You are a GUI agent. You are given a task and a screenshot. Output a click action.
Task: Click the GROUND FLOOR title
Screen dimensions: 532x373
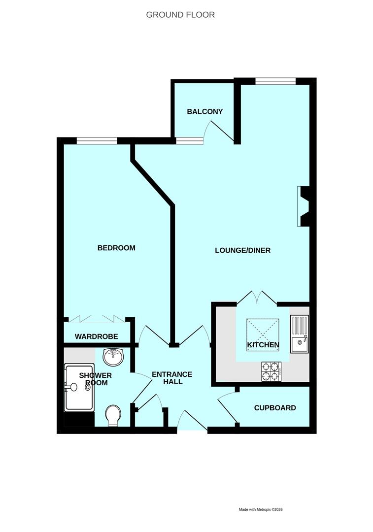point(180,15)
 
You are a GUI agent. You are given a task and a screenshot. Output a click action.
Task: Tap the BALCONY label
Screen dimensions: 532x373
point(204,111)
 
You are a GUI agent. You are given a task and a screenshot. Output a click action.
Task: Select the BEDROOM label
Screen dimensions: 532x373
point(116,248)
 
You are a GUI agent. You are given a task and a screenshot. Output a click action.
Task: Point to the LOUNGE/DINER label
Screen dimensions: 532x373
point(242,250)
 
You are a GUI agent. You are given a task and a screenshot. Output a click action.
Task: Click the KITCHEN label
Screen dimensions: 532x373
point(263,345)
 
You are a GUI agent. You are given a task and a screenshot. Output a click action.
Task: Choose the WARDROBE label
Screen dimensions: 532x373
point(96,336)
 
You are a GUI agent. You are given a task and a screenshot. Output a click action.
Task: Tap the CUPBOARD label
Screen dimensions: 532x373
point(275,408)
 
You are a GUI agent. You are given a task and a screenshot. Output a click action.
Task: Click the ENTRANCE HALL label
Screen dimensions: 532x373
point(172,378)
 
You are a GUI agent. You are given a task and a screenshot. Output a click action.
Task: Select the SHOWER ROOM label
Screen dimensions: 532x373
point(95,379)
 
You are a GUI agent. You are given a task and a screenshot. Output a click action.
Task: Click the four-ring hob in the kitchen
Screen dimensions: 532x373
point(271,371)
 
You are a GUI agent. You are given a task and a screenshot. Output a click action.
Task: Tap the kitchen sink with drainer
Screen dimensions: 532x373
point(299,334)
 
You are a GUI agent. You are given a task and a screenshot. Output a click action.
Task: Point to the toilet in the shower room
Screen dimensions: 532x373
point(113,415)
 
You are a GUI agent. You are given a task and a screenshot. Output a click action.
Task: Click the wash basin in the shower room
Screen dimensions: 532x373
point(115,357)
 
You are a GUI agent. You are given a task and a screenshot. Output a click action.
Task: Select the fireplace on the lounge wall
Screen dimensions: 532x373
point(303,206)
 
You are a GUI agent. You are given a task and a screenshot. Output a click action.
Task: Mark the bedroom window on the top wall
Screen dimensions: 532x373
point(97,141)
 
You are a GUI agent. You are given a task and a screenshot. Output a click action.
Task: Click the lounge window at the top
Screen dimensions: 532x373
point(275,81)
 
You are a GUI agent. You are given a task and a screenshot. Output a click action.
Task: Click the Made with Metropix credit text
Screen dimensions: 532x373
point(261,509)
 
